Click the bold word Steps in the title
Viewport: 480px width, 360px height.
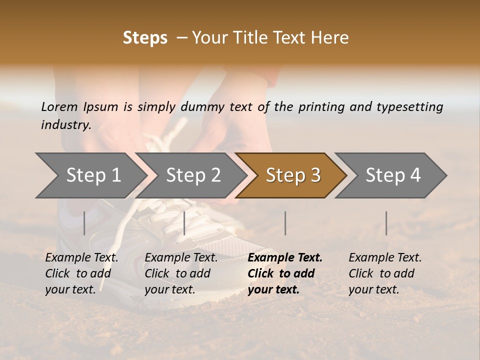pos(145,38)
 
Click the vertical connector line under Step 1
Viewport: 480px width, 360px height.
pos(84,223)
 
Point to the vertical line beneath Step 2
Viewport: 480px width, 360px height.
pos(184,223)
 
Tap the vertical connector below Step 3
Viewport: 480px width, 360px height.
pos(285,223)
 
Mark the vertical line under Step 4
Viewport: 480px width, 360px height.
pos(386,223)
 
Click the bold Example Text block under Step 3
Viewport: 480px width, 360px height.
pos(285,273)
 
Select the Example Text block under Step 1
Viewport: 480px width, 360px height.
pos(81,273)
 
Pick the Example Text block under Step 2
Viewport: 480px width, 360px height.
pos(181,273)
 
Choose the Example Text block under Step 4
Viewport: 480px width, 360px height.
pos(385,273)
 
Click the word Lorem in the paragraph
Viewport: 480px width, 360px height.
pos(59,106)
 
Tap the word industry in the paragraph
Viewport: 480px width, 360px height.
pos(65,125)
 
